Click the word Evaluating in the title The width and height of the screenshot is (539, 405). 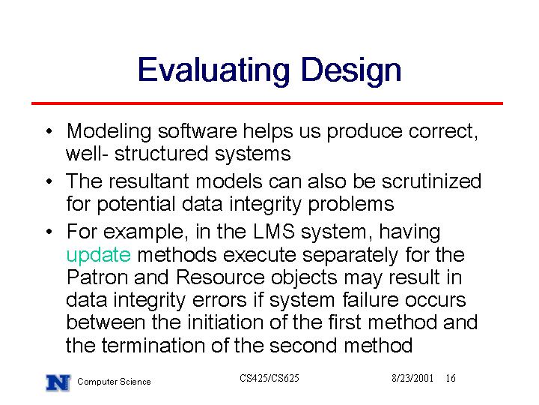(213, 70)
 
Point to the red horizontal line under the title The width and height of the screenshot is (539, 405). (267, 103)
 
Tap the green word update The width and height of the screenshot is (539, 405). (98, 255)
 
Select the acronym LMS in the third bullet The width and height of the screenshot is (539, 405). (274, 232)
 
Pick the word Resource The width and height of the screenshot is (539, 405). (220, 277)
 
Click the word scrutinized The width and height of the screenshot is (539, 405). (431, 181)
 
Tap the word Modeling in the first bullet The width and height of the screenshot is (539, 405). (109, 132)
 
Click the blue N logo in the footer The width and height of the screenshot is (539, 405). (58, 382)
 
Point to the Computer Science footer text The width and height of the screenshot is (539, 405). (114, 382)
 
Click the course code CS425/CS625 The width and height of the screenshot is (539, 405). (269, 378)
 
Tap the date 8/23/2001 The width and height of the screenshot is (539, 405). (412, 378)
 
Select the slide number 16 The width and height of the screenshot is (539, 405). (451, 378)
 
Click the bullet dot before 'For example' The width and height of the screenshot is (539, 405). (49, 232)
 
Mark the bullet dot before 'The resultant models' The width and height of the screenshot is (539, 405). (49, 181)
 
